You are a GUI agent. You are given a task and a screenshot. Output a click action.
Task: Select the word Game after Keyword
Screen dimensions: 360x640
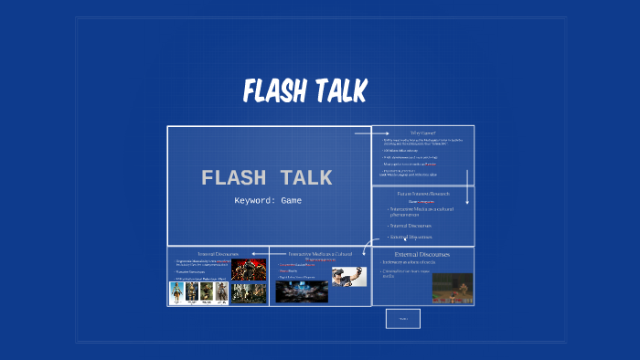tap(291, 200)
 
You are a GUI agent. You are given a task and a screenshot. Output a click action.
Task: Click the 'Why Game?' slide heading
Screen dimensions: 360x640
tap(422, 133)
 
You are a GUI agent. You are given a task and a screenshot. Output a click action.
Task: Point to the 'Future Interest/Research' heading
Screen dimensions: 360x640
tap(422, 194)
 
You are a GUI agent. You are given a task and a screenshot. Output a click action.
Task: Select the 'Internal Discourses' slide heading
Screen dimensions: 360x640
tap(218, 253)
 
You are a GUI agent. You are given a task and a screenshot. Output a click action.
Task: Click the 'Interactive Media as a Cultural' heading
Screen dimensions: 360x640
tap(320, 253)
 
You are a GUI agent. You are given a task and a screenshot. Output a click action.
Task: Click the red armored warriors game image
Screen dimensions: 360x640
tap(248, 270)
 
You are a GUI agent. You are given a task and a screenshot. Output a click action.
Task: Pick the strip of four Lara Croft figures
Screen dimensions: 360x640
tap(197, 292)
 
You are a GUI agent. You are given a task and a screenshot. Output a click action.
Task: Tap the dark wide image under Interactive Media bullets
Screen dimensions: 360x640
tap(301, 291)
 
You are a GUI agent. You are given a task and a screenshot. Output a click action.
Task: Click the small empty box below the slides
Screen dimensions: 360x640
tap(402, 318)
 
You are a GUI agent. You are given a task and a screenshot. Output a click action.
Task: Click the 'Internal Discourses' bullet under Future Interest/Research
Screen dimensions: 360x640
tap(411, 225)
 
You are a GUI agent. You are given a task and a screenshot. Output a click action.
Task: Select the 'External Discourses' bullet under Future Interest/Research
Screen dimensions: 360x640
tap(412, 237)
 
